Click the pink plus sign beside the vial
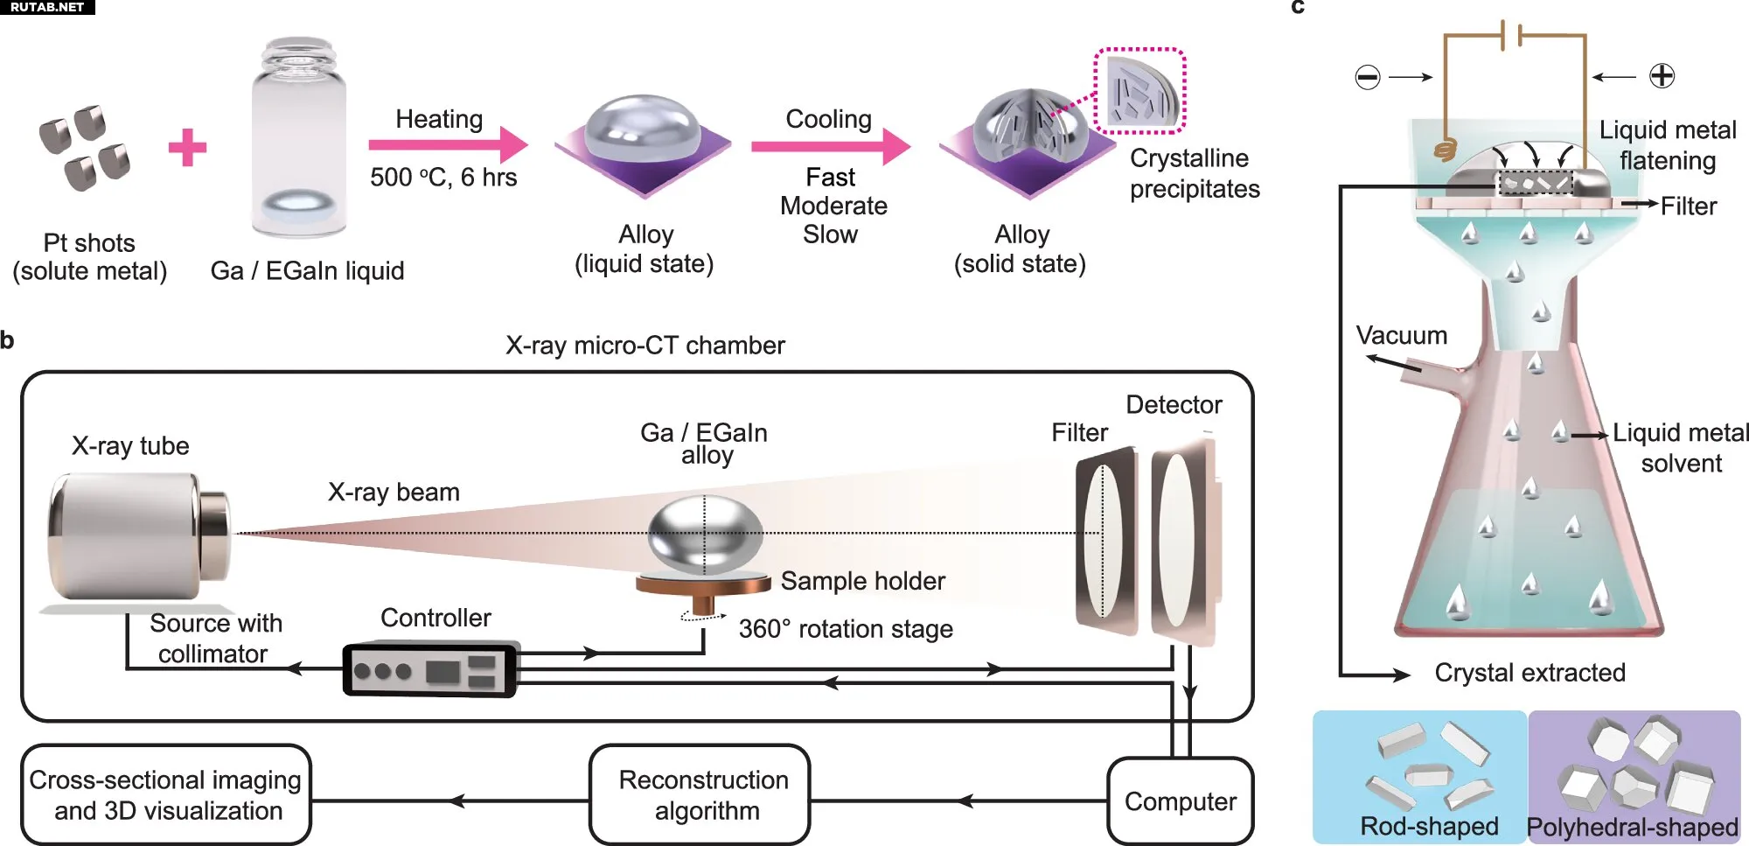[x=187, y=147]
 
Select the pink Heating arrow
[x=447, y=144]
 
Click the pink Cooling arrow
[x=829, y=145]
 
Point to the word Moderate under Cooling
[x=833, y=206]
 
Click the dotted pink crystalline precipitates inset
[x=1139, y=91]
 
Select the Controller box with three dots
[x=430, y=670]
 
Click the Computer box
[x=1180, y=801]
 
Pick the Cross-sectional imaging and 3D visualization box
[x=166, y=794]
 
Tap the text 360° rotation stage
[x=845, y=629]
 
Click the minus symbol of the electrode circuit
[x=1367, y=77]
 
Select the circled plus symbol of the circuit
[x=1662, y=76]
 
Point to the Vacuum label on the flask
[x=1401, y=336]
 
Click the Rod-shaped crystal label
[x=1428, y=826]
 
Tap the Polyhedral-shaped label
[x=1632, y=827]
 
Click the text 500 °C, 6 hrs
[x=443, y=178]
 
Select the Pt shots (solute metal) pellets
[x=85, y=147]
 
